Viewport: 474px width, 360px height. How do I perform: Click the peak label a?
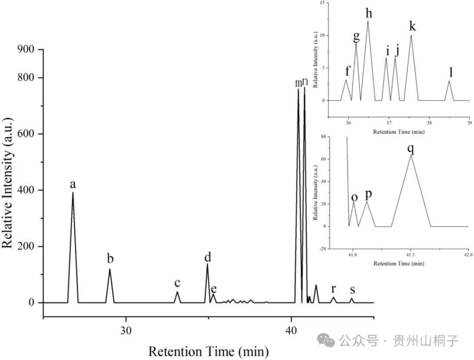[73, 184]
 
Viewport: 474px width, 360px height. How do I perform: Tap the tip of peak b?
[110, 269]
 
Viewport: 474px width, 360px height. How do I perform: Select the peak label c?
[177, 283]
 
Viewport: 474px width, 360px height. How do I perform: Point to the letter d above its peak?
[208, 256]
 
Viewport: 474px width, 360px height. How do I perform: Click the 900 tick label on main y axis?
[25, 50]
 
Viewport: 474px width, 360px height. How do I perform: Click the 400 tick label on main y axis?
[25, 190]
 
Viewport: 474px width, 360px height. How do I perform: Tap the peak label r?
[334, 288]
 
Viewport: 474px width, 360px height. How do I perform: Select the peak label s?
[352, 290]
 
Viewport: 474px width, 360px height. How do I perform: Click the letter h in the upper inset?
[368, 13]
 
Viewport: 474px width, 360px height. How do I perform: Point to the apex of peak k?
[411, 35]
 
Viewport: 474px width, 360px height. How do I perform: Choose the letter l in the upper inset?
[451, 72]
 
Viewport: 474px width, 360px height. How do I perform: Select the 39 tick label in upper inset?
[470, 123]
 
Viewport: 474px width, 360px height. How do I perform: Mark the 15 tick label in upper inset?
[322, 3]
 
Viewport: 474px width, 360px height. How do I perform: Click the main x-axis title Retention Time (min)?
[208, 351]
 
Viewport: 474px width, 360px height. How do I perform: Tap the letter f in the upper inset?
[348, 71]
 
